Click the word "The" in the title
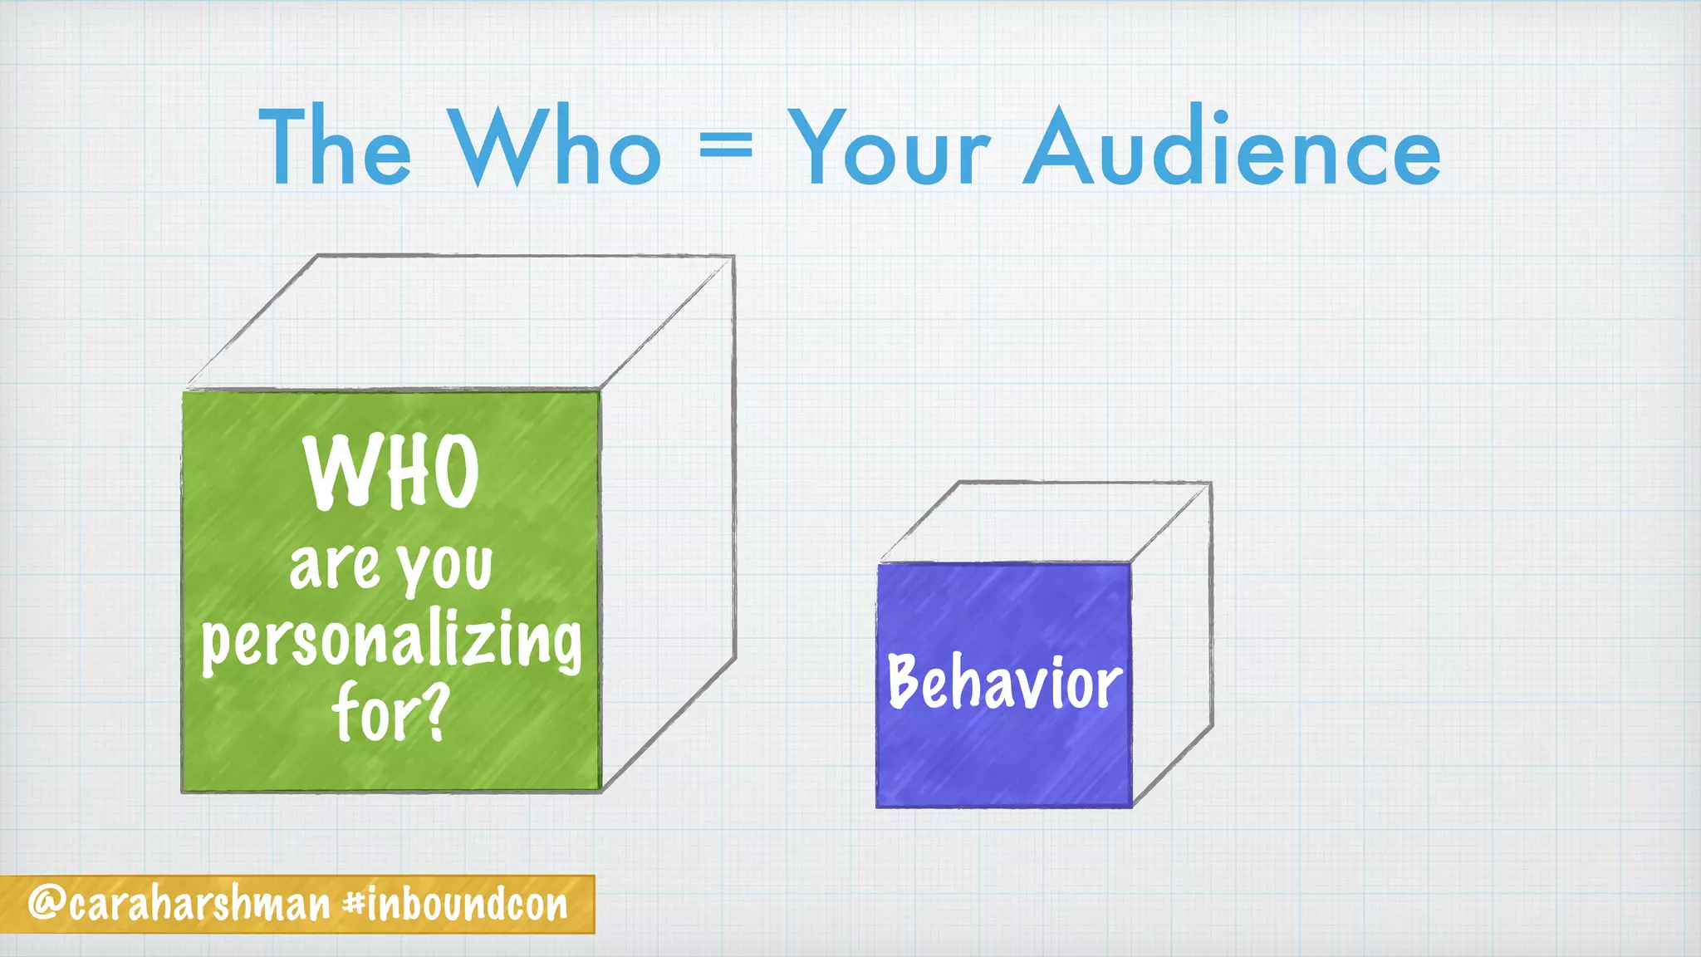[x=335, y=148]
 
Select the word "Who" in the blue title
[x=555, y=148]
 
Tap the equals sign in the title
[x=725, y=148]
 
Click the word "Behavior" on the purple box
[x=1005, y=683]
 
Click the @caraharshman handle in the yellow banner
[x=179, y=904]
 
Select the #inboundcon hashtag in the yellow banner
[x=456, y=904]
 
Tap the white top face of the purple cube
[x=1045, y=522]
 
